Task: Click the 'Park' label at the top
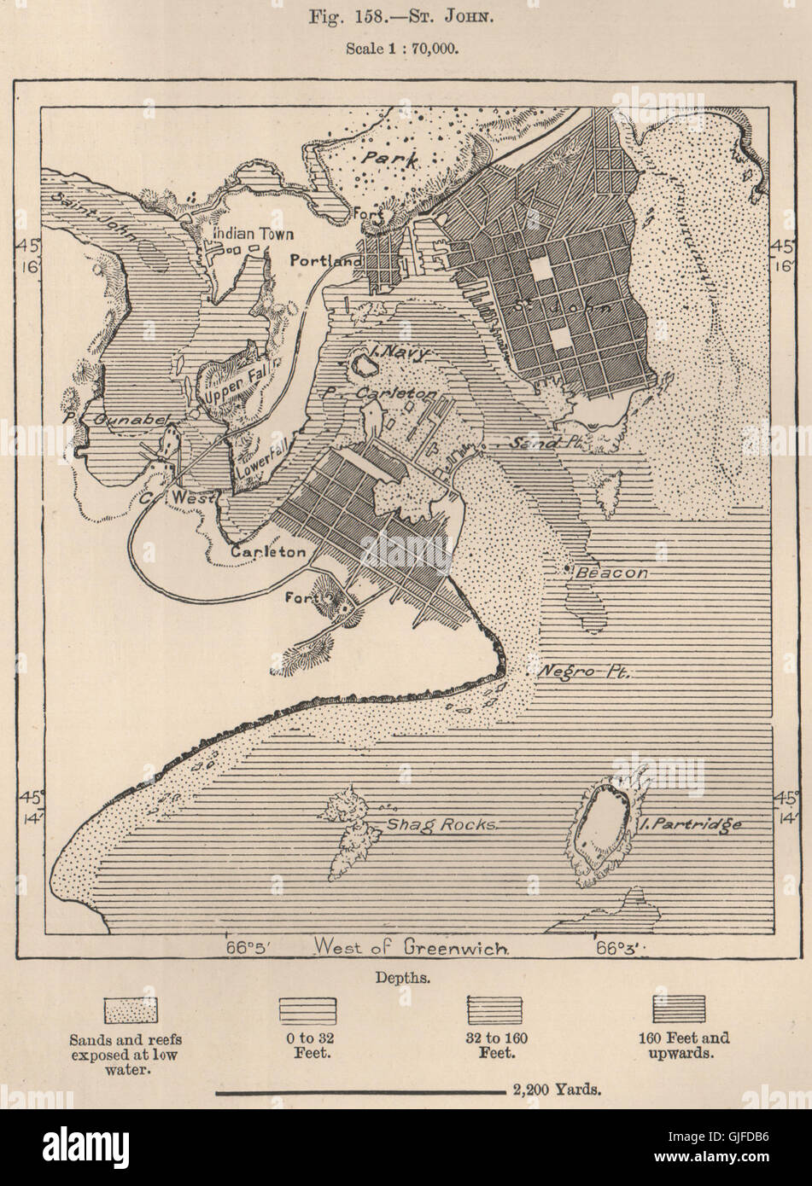tap(387, 159)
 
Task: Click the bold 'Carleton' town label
tap(267, 552)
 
